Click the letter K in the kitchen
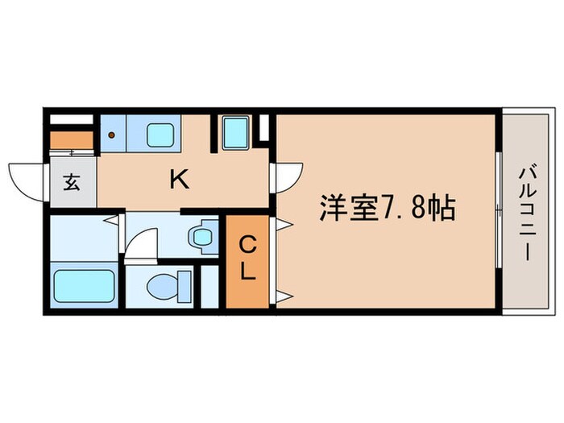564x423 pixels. pyautogui.click(x=179, y=180)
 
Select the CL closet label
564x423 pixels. pyautogui.click(x=248, y=257)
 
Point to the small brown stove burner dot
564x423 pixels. pyautogui.click(x=111, y=135)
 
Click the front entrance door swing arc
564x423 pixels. pyautogui.click(x=26, y=178)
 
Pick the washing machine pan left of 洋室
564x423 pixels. pyautogui.click(x=234, y=132)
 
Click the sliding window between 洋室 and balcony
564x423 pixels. pyautogui.click(x=497, y=211)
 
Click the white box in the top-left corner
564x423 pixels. pyautogui.click(x=71, y=120)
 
